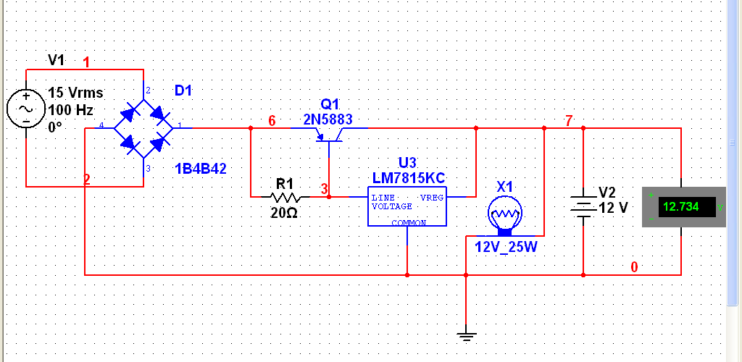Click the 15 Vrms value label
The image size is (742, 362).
coord(75,93)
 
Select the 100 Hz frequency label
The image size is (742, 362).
coord(72,110)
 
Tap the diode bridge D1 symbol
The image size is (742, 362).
coord(145,128)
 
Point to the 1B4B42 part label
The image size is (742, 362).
coord(201,169)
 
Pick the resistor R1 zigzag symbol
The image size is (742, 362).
coord(285,196)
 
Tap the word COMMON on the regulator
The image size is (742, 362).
coord(409,223)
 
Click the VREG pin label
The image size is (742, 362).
coord(432,197)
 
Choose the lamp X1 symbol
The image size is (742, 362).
coord(505,215)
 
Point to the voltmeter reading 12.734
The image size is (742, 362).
coord(681,207)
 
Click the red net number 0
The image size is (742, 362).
coord(634,267)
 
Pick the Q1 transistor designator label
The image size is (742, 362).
coord(330,104)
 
